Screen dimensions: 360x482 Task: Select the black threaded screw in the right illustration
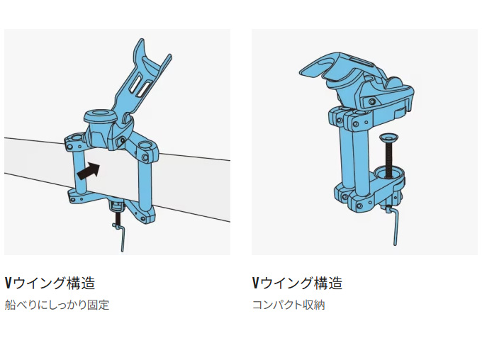389,159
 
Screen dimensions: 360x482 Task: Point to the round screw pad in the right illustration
389,136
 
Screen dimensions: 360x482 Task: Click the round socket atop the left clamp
97,115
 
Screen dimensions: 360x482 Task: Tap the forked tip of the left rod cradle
147,51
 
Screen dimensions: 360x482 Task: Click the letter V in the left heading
8,283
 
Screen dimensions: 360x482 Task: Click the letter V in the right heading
255,283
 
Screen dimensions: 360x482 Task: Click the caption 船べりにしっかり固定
57,306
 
